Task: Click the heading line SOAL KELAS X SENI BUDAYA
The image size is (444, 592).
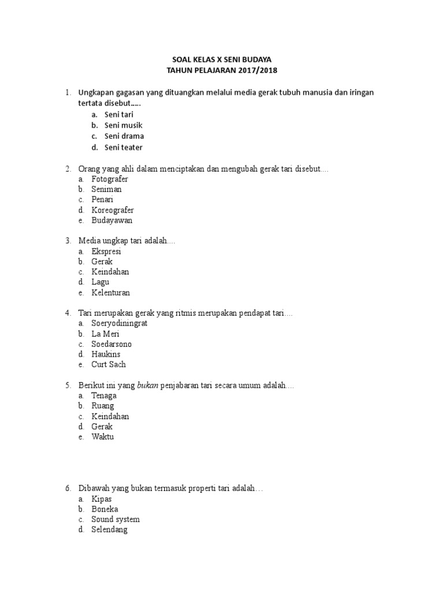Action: [x=222, y=60]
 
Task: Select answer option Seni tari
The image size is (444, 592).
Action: [x=119, y=114]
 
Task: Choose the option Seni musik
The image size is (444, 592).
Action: [x=123, y=125]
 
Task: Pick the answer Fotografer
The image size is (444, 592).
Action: [x=110, y=179]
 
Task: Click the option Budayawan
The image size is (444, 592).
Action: [x=112, y=221]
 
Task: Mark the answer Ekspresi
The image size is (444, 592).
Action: [x=106, y=251]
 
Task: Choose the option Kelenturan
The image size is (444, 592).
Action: [x=110, y=293]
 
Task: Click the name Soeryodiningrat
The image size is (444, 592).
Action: [x=119, y=323]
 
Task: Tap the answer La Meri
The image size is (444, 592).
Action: [x=105, y=334]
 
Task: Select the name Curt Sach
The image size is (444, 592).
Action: [x=109, y=365]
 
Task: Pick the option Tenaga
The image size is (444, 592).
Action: [x=104, y=395]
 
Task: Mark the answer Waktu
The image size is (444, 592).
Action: [x=103, y=437]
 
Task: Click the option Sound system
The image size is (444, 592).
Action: [x=116, y=519]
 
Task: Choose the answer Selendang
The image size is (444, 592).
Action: [x=109, y=530]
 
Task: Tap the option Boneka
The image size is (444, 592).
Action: [x=105, y=509]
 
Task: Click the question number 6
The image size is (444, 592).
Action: [x=68, y=489]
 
